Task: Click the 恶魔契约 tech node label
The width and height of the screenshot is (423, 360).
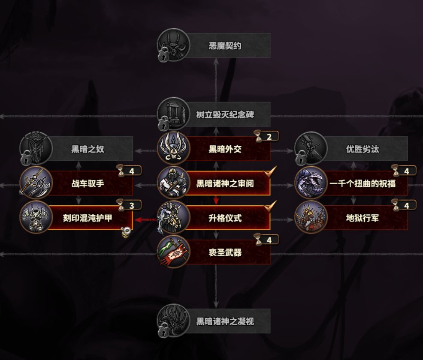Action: [225, 45]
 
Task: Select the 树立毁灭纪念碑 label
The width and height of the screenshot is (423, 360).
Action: [225, 114]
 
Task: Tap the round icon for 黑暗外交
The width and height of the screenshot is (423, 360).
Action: [173, 148]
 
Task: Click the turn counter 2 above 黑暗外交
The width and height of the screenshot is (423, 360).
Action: [269, 137]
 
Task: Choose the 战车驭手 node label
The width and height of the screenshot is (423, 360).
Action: [88, 184]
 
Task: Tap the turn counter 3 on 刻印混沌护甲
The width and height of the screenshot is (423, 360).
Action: [131, 206]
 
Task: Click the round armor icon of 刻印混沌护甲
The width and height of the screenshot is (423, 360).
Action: [36, 217]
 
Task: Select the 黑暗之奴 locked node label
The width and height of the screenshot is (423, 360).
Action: [88, 149]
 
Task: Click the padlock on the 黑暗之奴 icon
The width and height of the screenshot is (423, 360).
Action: [25, 159]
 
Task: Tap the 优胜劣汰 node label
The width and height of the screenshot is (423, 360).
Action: [363, 149]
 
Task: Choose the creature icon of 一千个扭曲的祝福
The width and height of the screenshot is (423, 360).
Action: [311, 183]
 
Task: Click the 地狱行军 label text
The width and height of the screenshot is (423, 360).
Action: [363, 218]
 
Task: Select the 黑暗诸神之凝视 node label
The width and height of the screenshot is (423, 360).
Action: [225, 321]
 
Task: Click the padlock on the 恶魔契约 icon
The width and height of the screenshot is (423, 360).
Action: [163, 56]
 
